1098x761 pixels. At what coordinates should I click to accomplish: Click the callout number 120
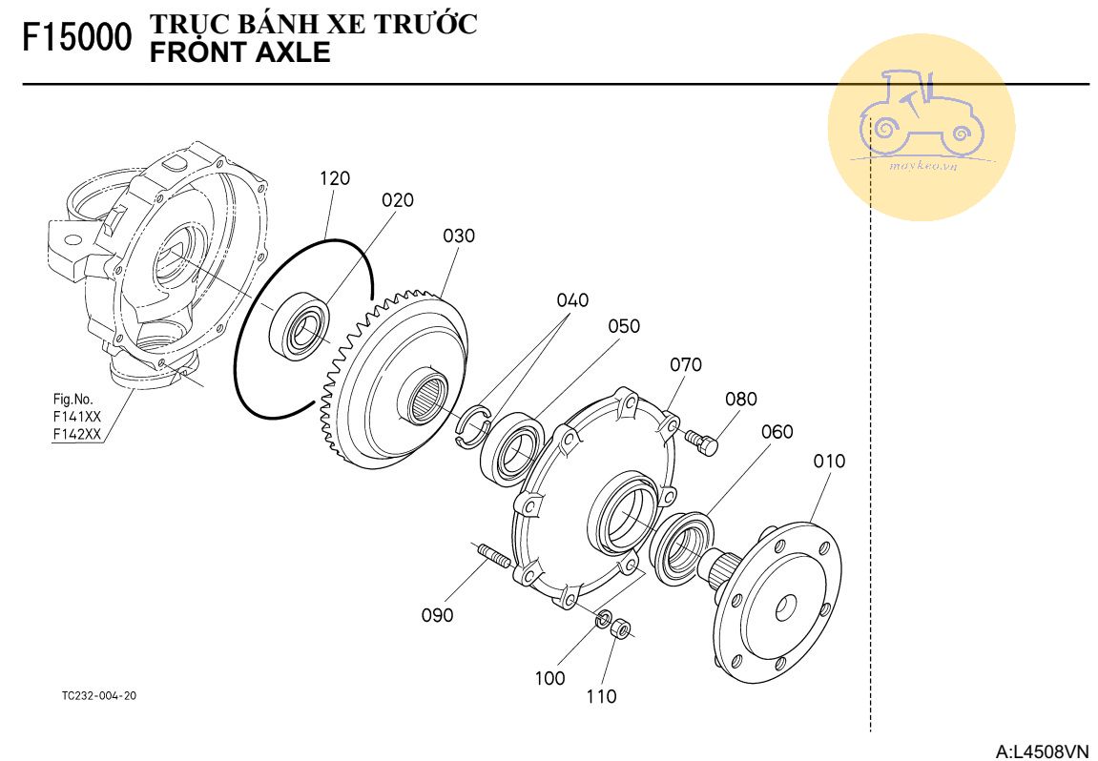(335, 178)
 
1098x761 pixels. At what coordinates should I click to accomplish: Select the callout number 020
(398, 200)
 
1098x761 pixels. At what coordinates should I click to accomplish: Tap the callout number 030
(459, 236)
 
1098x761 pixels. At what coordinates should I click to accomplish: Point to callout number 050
(624, 327)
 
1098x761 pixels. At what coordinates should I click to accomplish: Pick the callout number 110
(601, 697)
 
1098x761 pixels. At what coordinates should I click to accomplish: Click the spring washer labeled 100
(603, 621)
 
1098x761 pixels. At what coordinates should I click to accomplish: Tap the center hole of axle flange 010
(788, 605)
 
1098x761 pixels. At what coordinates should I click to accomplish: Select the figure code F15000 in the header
(76, 38)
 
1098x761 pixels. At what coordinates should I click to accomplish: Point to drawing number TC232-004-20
(98, 696)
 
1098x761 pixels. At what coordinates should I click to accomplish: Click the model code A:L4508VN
(1041, 751)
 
